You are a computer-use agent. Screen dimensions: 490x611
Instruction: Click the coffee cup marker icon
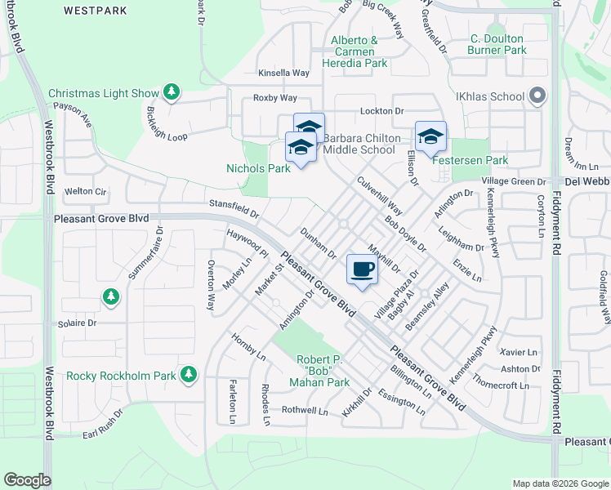pyautogui.click(x=363, y=269)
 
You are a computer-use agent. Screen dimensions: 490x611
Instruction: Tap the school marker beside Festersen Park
pyautogui.click(x=430, y=136)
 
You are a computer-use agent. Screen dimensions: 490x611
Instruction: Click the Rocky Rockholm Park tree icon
pyautogui.click(x=190, y=375)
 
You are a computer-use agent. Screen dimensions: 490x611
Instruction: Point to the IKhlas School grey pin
pyautogui.click(x=537, y=96)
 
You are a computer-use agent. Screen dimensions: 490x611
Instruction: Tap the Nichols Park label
pyautogui.click(x=258, y=169)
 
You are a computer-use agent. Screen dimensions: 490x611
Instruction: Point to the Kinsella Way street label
pyautogui.click(x=283, y=73)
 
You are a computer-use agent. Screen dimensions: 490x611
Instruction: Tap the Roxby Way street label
pyautogui.click(x=274, y=98)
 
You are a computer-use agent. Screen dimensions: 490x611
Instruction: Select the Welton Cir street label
pyautogui.click(x=86, y=191)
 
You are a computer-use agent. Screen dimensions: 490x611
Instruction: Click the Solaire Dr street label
pyautogui.click(x=77, y=323)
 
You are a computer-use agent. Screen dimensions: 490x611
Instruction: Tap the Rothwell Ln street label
pyautogui.click(x=304, y=410)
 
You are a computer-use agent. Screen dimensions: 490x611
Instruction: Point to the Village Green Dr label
pyautogui.click(x=513, y=181)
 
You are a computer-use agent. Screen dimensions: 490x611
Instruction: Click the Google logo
pyautogui.click(x=27, y=480)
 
